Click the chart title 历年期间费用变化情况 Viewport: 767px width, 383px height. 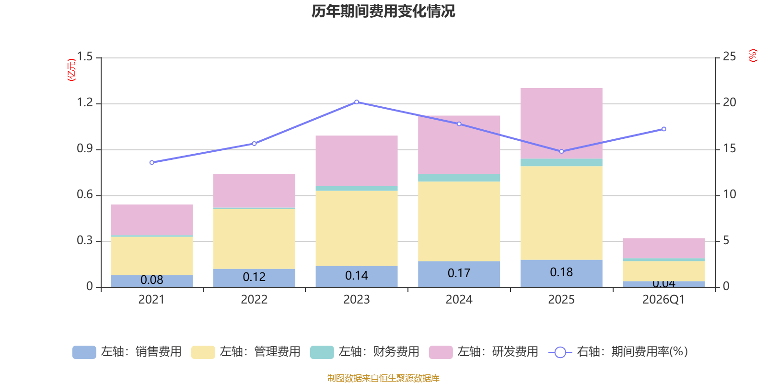pyautogui.click(x=383, y=11)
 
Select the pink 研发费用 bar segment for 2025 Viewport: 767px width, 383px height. pyautogui.click(x=561, y=123)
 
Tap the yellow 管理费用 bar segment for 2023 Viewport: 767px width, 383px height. pyautogui.click(x=356, y=228)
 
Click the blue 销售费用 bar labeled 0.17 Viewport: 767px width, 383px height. pyautogui.click(x=459, y=274)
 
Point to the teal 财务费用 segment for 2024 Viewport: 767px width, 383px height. pyautogui.click(x=459, y=178)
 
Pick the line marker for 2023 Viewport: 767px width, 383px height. pyautogui.click(x=356, y=102)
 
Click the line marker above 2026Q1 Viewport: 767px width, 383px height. pyautogui.click(x=663, y=129)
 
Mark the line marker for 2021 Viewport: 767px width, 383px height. pyautogui.click(x=151, y=163)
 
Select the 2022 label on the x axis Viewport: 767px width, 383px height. pyautogui.click(x=254, y=300)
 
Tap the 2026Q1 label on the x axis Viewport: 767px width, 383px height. pyautogui.click(x=663, y=300)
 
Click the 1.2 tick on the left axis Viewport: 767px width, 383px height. pyautogui.click(x=85, y=103)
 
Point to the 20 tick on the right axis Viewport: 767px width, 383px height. pyautogui.click(x=729, y=102)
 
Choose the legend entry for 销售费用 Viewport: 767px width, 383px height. pyautogui.click(x=127, y=352)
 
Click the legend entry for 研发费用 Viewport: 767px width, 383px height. pyautogui.click(x=484, y=352)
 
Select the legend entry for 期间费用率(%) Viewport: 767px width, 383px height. pyautogui.click(x=621, y=352)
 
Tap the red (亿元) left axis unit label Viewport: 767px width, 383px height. pyautogui.click(x=71, y=70)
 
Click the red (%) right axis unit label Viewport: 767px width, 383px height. pyautogui.click(x=753, y=56)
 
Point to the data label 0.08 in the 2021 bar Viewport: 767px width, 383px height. pyautogui.click(x=151, y=280)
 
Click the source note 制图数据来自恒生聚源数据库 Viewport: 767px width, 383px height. pyautogui.click(x=383, y=378)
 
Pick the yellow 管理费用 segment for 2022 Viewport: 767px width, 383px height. pyautogui.click(x=254, y=239)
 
